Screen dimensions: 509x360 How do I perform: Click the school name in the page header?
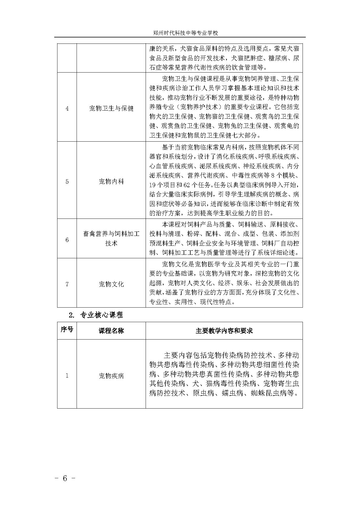pos(185,33)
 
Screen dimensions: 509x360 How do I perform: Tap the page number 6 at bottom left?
pos(65,478)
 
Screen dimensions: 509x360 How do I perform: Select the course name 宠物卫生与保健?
pos(111,109)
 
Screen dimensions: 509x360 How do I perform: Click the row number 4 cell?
pos(67,109)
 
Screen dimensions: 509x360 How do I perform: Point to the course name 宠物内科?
pos(111,182)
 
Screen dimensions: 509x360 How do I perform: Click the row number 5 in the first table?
pos(67,182)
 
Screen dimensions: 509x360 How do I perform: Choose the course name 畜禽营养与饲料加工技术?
pos(111,238)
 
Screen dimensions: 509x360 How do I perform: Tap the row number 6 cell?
pos(67,240)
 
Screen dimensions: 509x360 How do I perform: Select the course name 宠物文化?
pos(111,284)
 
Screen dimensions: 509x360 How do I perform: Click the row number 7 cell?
pos(67,284)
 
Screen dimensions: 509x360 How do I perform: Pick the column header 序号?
pos(67,330)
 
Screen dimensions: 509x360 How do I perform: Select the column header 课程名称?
pos(111,331)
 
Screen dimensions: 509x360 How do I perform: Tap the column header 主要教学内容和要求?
pos(224,331)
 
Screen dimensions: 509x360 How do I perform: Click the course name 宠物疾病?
pos(111,376)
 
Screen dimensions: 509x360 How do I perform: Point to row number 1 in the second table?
pos(67,376)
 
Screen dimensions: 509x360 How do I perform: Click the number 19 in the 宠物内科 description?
pos(153,185)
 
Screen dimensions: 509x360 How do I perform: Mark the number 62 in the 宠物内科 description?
pos(187,185)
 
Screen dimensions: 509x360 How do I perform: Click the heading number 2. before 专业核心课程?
pos(72,315)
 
